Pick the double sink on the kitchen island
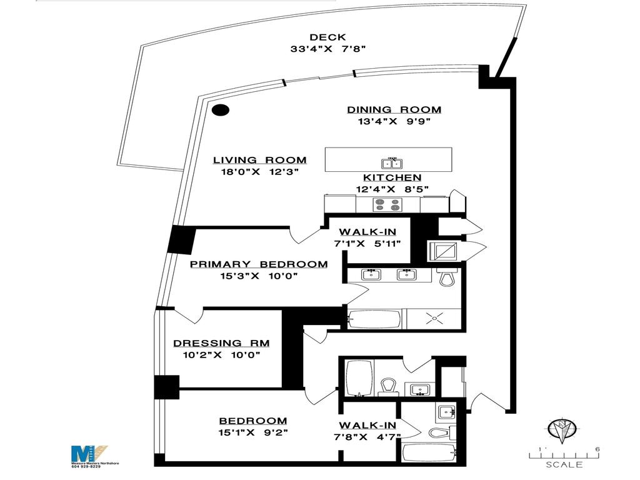(392, 164)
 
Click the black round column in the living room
(220, 111)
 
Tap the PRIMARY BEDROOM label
(258, 264)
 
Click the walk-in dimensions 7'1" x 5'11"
(367, 244)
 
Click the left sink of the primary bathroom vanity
(372, 274)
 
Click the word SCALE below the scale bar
(564, 465)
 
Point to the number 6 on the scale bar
(598, 449)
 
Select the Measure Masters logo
(87, 452)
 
